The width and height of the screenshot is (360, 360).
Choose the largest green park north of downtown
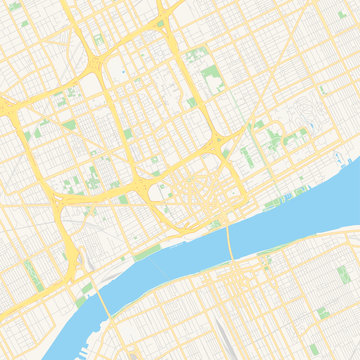[x=212, y=79]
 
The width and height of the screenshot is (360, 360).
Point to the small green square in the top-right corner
[x=322, y=88]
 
